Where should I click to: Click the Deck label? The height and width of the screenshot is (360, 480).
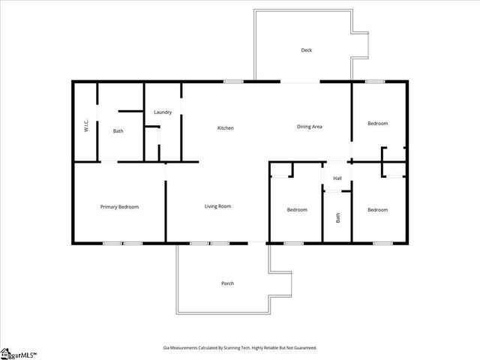point(306,50)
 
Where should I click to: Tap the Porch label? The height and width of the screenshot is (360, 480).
point(227,283)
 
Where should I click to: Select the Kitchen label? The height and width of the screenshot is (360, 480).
point(226,128)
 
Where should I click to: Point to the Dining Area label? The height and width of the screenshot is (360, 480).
point(310,127)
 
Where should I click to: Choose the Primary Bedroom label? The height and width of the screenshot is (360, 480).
point(119,206)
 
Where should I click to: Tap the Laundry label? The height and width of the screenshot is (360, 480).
point(163,112)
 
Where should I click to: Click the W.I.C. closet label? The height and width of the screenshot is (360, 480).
point(87,126)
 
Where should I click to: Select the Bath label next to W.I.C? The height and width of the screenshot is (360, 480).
point(118,131)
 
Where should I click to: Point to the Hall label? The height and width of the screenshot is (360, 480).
point(337,178)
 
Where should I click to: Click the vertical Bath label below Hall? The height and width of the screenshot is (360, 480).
point(337,218)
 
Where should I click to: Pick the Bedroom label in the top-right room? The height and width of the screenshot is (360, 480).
point(377,123)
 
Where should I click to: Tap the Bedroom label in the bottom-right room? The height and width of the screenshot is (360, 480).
point(377,210)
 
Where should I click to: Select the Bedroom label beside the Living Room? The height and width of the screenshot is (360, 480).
point(297,210)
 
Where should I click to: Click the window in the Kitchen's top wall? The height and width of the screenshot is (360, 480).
point(233,81)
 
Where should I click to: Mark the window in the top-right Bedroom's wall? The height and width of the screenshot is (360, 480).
point(375,81)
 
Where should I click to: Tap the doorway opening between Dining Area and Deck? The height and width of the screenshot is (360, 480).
point(300,81)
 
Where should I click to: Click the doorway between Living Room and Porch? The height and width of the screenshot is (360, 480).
point(257,242)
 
